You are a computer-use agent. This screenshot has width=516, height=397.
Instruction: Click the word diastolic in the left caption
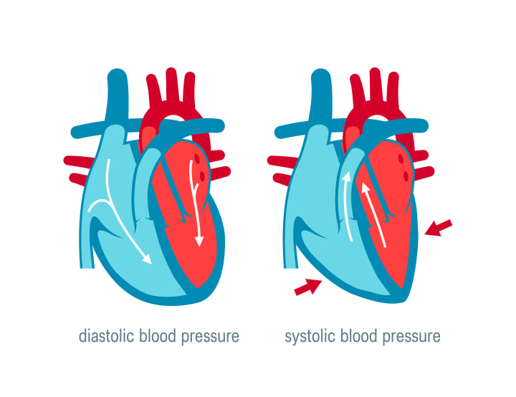(x=104, y=336)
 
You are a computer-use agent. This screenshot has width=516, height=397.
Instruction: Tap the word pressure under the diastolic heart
(x=209, y=337)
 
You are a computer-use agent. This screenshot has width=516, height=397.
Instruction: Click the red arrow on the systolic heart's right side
(x=439, y=227)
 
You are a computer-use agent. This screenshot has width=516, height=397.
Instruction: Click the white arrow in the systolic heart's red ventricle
(x=374, y=215)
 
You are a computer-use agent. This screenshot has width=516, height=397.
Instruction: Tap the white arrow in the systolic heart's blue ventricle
(x=348, y=215)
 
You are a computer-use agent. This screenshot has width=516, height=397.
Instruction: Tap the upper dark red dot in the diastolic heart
(x=201, y=166)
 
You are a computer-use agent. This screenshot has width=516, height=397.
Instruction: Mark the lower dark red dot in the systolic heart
(x=407, y=176)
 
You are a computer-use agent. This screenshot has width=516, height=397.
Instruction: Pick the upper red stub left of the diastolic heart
(x=75, y=161)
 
